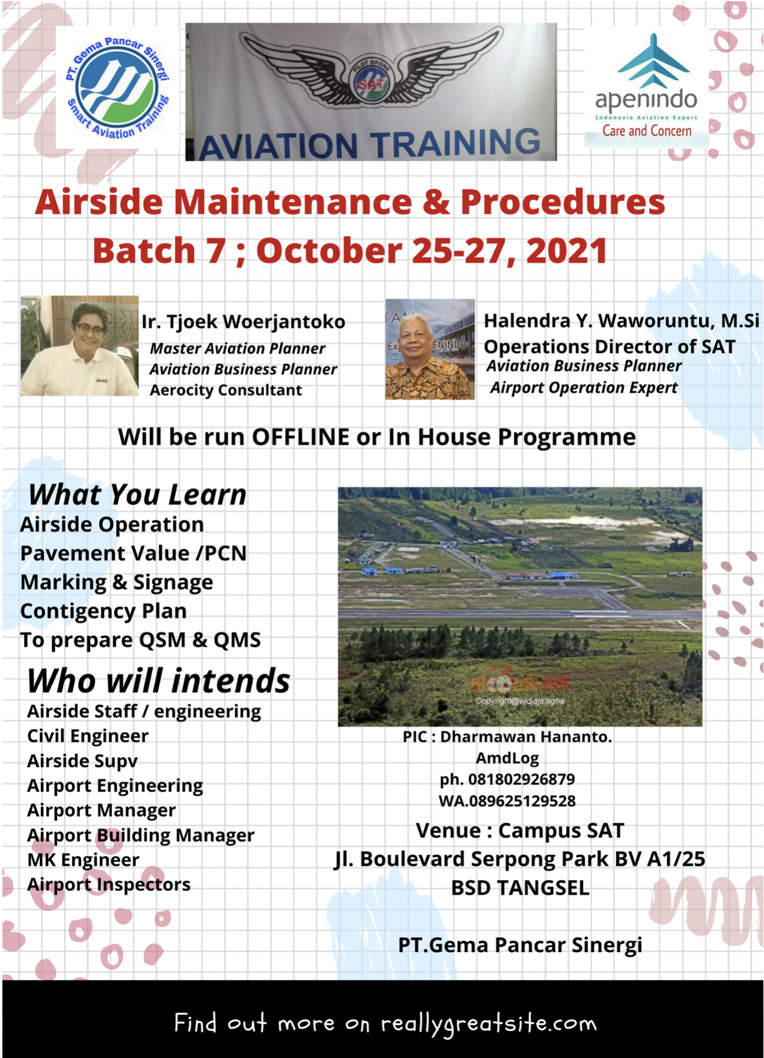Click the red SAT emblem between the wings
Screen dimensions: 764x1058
click(371, 84)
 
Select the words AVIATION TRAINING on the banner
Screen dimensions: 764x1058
click(370, 144)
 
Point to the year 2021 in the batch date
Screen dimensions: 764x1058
click(567, 251)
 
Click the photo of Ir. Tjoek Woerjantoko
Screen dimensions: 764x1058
click(79, 346)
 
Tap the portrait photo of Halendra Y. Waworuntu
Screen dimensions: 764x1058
click(430, 349)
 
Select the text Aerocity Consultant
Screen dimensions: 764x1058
click(226, 390)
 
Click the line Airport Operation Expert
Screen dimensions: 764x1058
click(584, 388)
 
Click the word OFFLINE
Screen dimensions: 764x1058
click(301, 437)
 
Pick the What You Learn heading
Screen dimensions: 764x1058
click(138, 495)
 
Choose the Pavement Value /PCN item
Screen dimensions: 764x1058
click(134, 553)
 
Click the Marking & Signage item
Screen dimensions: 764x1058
click(117, 583)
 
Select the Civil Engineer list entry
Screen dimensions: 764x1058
click(88, 736)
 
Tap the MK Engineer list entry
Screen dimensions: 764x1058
click(84, 860)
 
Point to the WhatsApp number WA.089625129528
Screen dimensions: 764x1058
click(507, 801)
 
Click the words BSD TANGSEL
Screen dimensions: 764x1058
click(520, 888)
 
